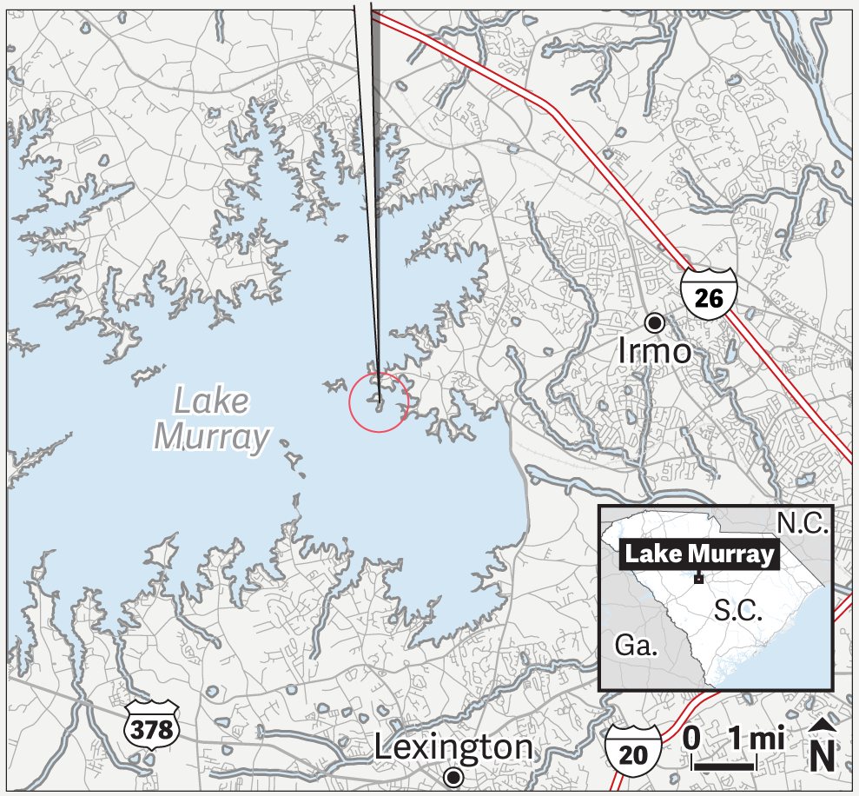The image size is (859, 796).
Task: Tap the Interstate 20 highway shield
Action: click(633, 747)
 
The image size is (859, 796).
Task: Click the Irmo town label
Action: click(655, 351)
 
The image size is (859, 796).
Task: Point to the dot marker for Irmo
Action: click(655, 322)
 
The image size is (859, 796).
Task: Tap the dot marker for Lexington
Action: click(453, 776)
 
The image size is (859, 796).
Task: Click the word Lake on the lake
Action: click(212, 401)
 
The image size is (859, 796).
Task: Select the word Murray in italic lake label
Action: click(212, 437)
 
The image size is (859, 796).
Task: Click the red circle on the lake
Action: click(379, 402)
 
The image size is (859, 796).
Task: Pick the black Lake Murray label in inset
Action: click(698, 554)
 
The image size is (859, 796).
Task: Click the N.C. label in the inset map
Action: click(803, 522)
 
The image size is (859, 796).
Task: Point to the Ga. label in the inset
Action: click(636, 646)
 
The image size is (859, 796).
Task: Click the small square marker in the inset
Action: click(698, 579)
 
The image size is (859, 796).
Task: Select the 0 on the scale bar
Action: click(692, 739)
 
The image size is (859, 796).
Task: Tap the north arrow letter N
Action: click(823, 756)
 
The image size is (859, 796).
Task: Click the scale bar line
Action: click(723, 766)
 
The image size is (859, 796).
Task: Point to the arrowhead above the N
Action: click(823, 727)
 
